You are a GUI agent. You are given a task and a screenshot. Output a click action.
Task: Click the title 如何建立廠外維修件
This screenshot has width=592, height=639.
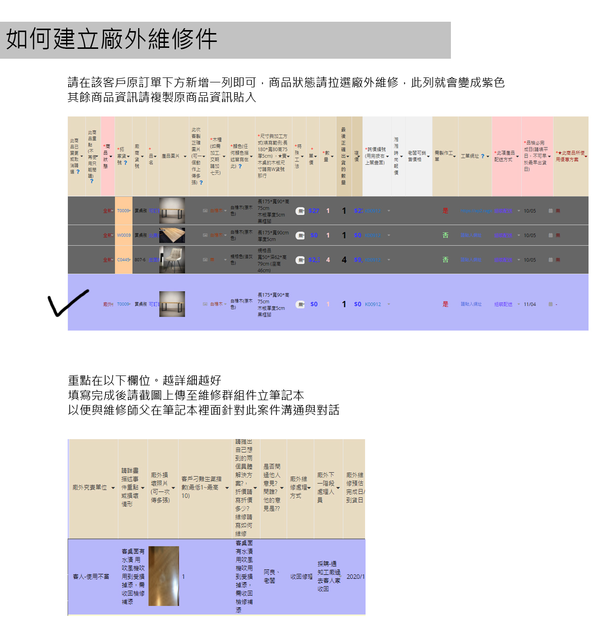(112, 39)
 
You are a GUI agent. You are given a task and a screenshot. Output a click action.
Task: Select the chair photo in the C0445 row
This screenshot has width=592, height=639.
(172, 260)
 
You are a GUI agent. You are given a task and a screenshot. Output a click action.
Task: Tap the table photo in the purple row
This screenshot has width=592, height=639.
(172, 304)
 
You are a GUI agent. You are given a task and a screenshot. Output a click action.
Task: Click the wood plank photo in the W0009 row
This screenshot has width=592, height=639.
(172, 235)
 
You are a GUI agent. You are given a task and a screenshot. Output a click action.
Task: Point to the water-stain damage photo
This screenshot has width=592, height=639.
(164, 576)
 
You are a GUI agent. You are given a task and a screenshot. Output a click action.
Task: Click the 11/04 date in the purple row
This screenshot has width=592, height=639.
(529, 304)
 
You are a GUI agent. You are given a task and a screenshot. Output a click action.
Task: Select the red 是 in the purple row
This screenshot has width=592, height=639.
(445, 304)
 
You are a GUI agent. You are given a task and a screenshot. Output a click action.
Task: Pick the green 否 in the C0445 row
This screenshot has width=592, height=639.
(445, 260)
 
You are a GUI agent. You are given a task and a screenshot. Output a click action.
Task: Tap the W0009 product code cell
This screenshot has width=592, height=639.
(123, 235)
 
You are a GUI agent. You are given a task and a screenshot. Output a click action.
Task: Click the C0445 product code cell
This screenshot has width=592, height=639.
(123, 260)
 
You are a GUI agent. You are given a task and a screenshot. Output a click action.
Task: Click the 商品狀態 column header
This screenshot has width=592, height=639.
(107, 156)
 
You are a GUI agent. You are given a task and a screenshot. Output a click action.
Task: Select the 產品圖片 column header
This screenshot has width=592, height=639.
(171, 156)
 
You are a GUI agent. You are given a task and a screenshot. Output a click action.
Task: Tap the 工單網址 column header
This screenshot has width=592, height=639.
(470, 156)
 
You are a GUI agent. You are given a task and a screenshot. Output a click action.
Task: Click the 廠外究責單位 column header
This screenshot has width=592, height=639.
(90, 488)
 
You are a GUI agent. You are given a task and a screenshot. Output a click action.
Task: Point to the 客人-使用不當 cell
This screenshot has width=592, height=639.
(91, 576)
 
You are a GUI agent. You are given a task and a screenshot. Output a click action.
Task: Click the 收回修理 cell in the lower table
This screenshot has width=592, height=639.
(301, 576)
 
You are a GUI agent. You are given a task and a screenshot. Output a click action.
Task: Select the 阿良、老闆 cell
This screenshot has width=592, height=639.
(271, 576)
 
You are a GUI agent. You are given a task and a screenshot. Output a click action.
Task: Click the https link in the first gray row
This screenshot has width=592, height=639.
(475, 211)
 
